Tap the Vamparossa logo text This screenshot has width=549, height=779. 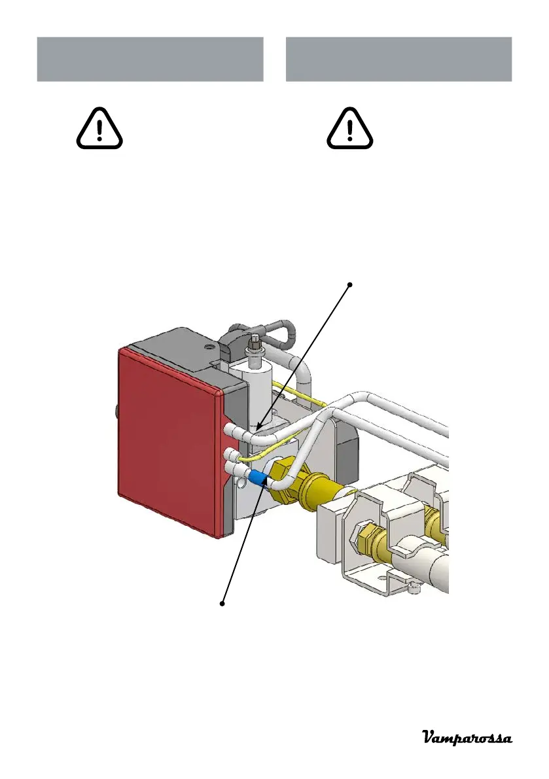click(466, 738)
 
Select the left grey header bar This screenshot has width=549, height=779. click(150, 60)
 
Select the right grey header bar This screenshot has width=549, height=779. click(398, 60)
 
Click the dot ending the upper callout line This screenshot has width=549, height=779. click(349, 285)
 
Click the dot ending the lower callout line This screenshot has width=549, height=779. click(223, 603)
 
